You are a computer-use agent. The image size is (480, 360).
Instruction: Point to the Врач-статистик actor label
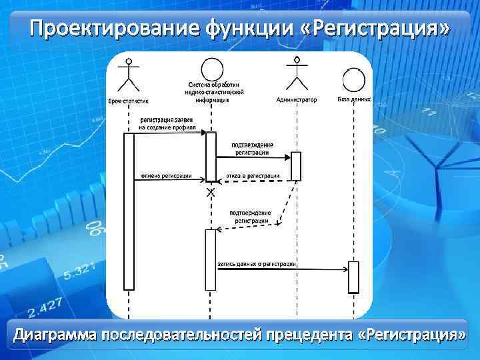(129, 101)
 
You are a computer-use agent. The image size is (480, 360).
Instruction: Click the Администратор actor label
(296, 99)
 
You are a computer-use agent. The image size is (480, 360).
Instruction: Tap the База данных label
(354, 99)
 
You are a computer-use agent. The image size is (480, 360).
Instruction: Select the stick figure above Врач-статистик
(129, 76)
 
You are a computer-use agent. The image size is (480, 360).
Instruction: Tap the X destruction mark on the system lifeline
(211, 192)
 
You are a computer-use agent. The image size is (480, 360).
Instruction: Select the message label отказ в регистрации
(253, 176)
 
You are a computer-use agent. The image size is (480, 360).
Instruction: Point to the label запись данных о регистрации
(257, 264)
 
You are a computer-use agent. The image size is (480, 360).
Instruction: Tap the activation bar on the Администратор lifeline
(295, 166)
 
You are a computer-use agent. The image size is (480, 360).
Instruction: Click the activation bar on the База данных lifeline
(353, 277)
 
